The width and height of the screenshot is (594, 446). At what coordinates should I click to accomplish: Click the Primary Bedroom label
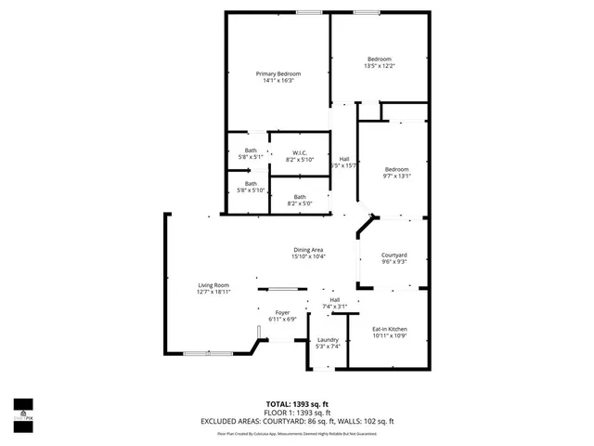pos(278,73)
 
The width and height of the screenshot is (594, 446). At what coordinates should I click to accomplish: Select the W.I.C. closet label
pos(300,152)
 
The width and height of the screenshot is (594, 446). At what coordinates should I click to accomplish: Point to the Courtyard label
pos(394,256)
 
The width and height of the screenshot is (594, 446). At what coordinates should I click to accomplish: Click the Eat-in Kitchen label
pos(390,329)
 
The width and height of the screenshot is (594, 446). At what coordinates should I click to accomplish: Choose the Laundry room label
pos(328,340)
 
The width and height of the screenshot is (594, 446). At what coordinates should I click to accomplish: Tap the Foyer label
pos(282,312)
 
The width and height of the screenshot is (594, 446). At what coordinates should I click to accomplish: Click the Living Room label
pos(213,285)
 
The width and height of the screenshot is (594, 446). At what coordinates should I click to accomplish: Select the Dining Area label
pos(308,250)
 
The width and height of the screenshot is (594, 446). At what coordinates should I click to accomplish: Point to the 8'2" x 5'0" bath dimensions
pos(300,203)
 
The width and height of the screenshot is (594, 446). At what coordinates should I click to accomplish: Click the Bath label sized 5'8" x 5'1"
pos(251,151)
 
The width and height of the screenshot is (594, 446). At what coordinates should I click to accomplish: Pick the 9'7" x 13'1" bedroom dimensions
pos(397,176)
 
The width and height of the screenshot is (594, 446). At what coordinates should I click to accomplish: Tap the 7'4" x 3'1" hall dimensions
pos(334,307)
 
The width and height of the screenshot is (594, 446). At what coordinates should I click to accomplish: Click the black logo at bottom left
pos(23,409)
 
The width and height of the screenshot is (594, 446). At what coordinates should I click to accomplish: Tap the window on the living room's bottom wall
pos(208,353)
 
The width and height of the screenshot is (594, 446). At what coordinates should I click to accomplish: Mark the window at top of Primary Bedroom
pos(310,12)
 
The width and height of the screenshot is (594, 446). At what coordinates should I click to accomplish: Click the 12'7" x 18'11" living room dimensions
pos(213,292)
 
